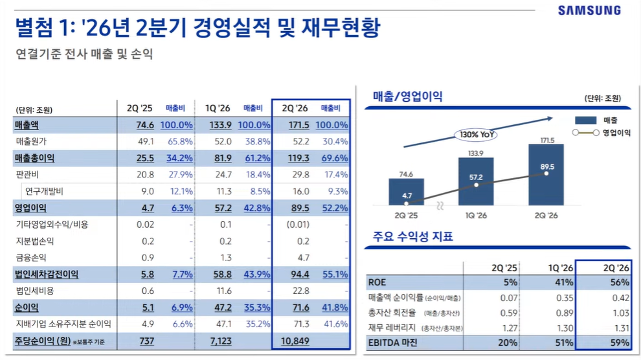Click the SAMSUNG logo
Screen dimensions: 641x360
click(589, 10)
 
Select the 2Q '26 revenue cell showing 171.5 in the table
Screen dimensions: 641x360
click(299, 125)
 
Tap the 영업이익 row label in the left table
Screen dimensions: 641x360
click(30, 208)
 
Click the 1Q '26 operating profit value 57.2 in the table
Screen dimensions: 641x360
click(223, 208)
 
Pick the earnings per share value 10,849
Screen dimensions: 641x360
click(295, 341)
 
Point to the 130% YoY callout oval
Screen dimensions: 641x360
click(476, 135)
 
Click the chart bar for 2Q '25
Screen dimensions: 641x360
click(406, 192)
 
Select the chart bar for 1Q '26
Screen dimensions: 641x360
click(476, 181)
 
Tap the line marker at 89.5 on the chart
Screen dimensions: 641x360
click(546, 174)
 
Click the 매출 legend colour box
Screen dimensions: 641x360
click(585, 120)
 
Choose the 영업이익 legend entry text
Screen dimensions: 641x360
click(616, 133)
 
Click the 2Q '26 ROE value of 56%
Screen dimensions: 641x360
click(620, 282)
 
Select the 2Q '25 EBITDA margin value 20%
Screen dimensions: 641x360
click(508, 343)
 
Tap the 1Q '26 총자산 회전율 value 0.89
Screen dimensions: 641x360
click(565, 313)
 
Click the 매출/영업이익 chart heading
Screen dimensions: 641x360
click(407, 96)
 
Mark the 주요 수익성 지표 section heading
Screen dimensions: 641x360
click(413, 236)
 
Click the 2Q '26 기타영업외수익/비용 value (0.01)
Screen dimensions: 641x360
click(298, 224)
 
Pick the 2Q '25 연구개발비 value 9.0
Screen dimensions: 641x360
click(148, 191)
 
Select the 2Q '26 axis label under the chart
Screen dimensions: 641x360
click(546, 216)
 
